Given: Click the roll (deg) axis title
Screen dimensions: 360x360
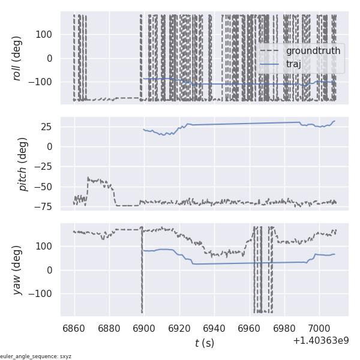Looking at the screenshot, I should (x=17, y=58).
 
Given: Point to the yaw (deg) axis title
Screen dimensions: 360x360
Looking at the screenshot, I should (x=17, y=269).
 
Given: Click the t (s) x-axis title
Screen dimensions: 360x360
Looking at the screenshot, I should (x=204, y=343).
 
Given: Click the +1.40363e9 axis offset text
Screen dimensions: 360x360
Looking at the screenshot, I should (x=320, y=341).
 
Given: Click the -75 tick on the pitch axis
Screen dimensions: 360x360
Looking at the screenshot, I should (x=47, y=206).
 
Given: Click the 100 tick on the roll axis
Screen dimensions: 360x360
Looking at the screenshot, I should (x=47, y=34).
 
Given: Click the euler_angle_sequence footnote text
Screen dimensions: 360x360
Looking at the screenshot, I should (x=36, y=356).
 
